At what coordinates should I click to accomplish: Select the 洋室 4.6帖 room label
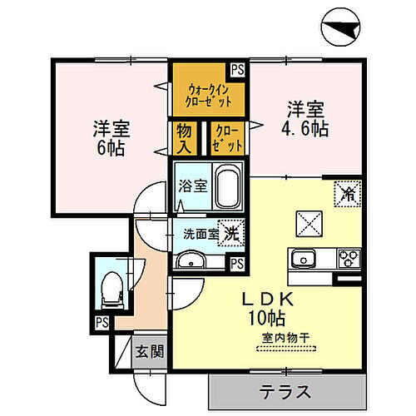pos(305,117)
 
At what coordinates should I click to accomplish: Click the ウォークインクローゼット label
pos(208,96)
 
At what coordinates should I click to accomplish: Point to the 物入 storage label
pos(184,138)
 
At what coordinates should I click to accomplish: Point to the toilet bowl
pos(108,287)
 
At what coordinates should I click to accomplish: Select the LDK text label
pos(261,298)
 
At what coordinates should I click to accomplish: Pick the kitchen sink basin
pos(302,257)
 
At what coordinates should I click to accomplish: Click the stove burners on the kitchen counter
pos(348,257)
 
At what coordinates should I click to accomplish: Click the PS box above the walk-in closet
pos(238,71)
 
